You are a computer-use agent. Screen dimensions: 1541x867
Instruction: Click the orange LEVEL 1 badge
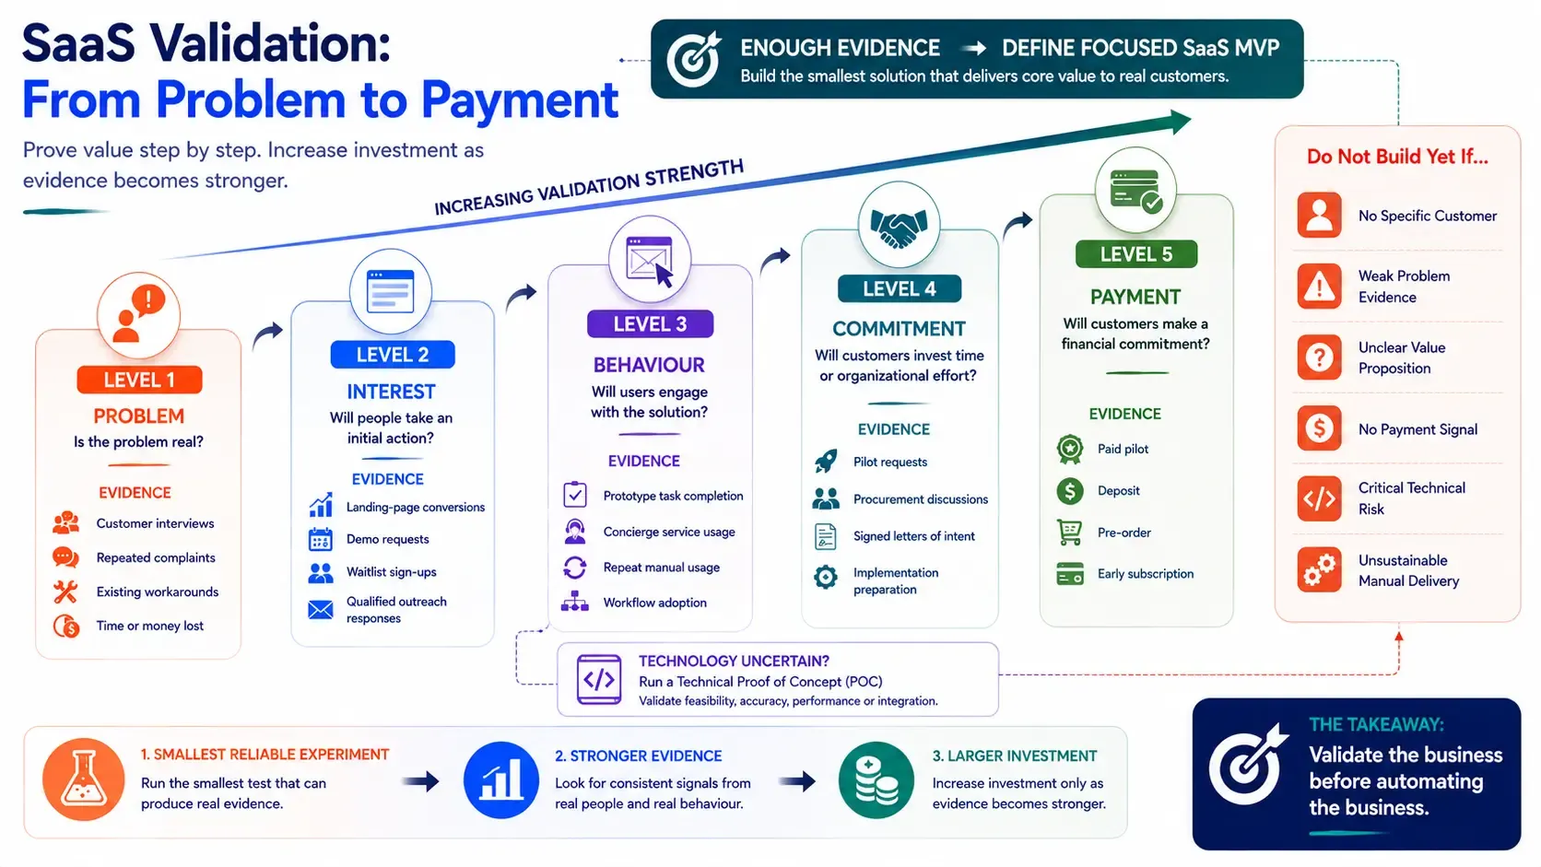(140, 380)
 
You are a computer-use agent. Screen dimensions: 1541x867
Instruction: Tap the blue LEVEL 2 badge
(392, 355)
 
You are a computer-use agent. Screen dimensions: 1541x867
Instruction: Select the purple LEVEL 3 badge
(650, 323)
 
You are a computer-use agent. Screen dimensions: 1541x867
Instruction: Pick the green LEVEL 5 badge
(1135, 254)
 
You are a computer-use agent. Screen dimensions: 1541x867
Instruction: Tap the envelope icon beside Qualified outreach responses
(321, 610)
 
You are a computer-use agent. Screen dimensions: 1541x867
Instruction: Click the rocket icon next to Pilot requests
(826, 462)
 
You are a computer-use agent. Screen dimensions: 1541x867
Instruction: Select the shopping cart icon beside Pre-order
(1070, 533)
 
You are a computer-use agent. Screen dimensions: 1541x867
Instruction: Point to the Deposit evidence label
(1119, 491)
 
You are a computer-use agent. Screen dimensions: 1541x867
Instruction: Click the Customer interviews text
(155, 523)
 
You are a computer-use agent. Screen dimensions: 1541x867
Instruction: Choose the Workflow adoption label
(655, 603)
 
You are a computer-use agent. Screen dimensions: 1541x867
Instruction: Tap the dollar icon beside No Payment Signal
(1319, 428)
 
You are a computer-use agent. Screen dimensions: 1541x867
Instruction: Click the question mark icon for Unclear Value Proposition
(1319, 357)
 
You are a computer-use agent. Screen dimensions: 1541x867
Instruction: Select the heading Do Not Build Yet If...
(1397, 157)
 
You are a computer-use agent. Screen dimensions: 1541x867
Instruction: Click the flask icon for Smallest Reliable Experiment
(83, 779)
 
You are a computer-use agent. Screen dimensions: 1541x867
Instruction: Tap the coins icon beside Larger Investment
(876, 780)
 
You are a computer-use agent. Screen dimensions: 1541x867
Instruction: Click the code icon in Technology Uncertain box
(598, 679)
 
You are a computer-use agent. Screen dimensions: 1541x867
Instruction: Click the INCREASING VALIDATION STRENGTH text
(589, 187)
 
